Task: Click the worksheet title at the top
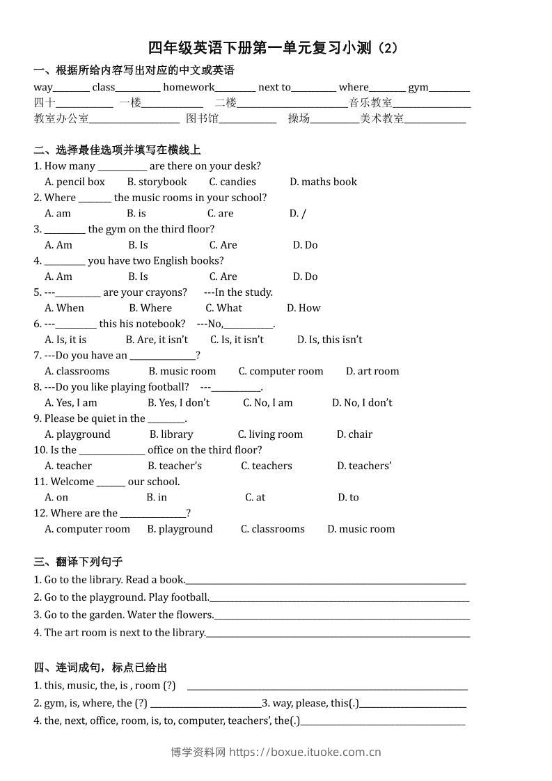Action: tap(273, 48)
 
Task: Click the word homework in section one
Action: tap(189, 87)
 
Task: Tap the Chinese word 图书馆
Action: tap(202, 118)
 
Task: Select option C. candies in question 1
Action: tap(232, 182)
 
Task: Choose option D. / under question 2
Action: tap(298, 214)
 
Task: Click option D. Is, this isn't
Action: tap(329, 340)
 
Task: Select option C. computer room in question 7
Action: tap(281, 371)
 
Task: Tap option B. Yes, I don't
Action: tap(178, 402)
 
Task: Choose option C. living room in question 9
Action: tap(270, 434)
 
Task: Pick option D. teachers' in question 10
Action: tap(364, 466)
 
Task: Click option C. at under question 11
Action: tap(255, 497)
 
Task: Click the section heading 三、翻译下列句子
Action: tap(78, 562)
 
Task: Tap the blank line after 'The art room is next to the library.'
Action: tap(338, 633)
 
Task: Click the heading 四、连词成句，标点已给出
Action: tap(100, 667)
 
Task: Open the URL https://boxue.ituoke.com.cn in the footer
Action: tap(305, 752)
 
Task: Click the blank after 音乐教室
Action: tap(432, 104)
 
